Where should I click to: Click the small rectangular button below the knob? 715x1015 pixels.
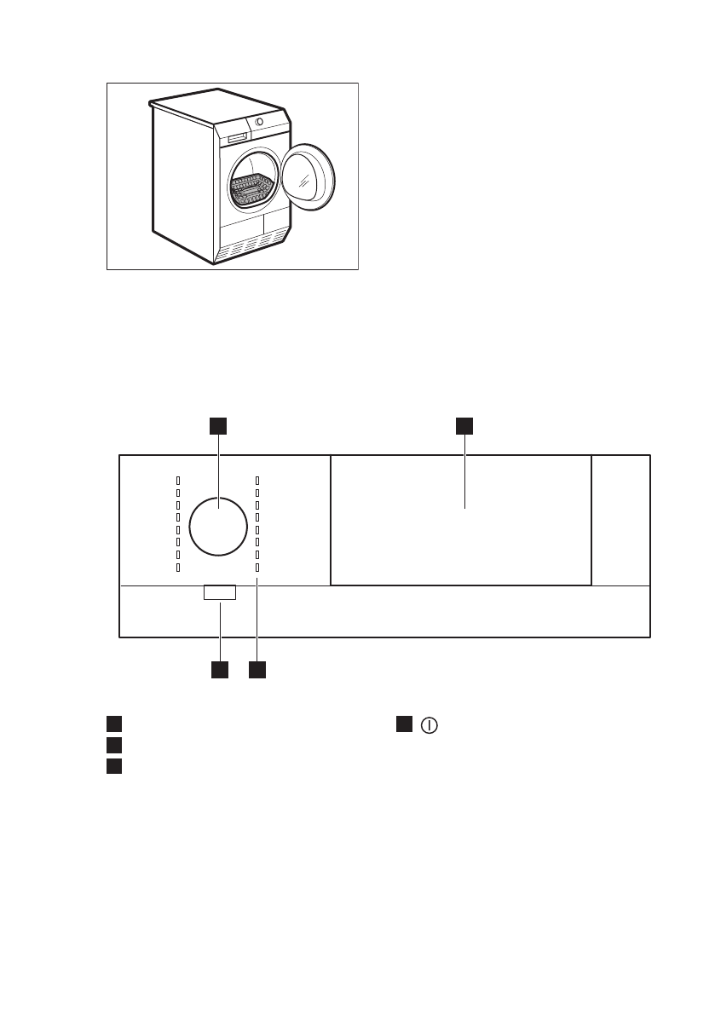tap(220, 592)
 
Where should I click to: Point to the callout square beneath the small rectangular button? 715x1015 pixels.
tap(220, 670)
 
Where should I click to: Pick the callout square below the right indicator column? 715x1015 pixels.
tap(257, 670)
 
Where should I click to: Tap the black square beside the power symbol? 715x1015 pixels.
tap(403, 724)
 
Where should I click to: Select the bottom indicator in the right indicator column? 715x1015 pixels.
tap(257, 568)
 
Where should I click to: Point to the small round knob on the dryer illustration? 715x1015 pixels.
tap(258, 121)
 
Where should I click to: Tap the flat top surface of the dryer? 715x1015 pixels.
tap(217, 109)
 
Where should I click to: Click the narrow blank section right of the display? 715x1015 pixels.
tap(620, 519)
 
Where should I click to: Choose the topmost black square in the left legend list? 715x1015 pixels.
tap(112, 724)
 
